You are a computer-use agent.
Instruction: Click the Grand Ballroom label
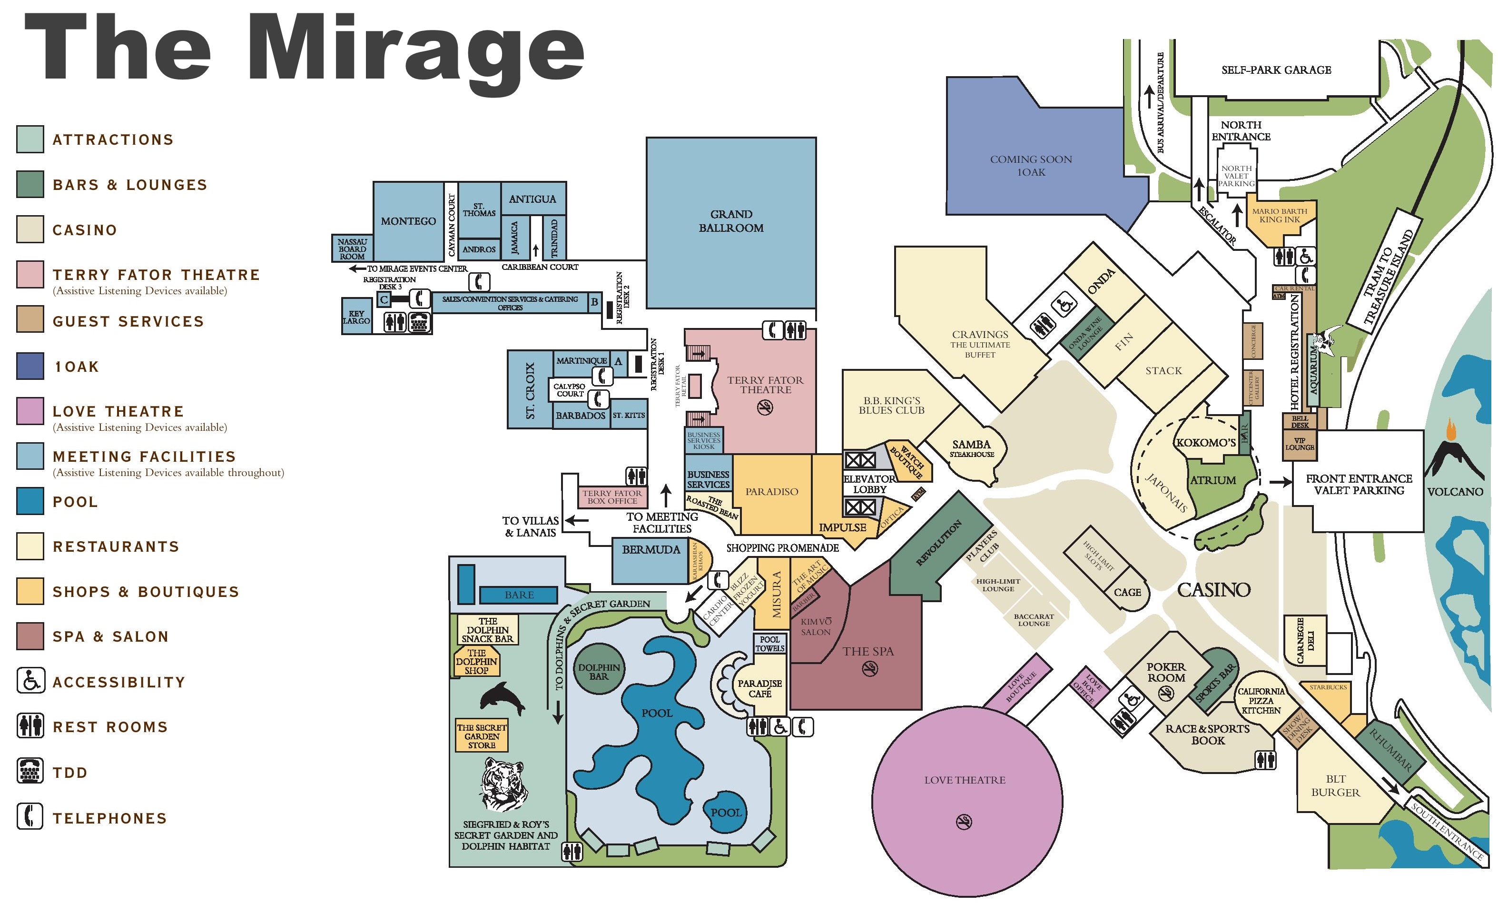[x=731, y=221]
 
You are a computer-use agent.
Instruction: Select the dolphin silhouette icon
[x=502, y=699]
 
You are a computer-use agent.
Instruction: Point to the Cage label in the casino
[x=1127, y=592]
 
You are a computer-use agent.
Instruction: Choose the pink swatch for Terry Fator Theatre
[x=30, y=274]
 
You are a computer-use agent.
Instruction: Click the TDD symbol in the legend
[x=30, y=772]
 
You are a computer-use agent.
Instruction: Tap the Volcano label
[x=1455, y=491]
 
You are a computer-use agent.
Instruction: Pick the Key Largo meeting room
[x=356, y=316]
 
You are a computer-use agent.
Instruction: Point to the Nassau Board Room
[x=352, y=248]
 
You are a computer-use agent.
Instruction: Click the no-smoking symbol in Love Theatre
[x=964, y=822]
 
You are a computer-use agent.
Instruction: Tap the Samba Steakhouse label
[x=972, y=448]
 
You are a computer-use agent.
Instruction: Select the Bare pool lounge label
[x=519, y=595]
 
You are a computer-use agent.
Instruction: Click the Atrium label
[x=1213, y=480]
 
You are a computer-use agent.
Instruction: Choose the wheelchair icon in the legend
[x=30, y=680]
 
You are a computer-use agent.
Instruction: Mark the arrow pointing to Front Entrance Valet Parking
[x=1280, y=482]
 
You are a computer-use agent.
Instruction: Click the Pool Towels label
[x=769, y=644]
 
